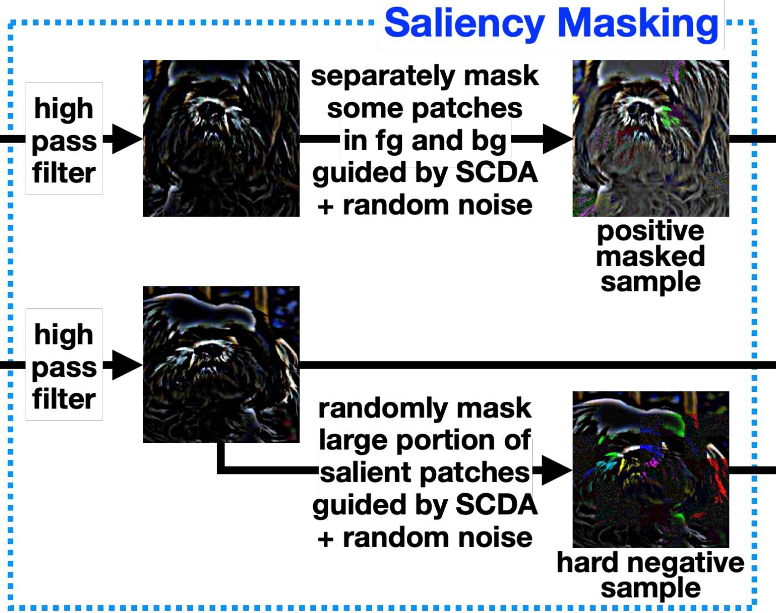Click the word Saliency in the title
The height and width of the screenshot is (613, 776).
pyautogui.click(x=464, y=24)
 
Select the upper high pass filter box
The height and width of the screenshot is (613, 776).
pyautogui.click(x=64, y=139)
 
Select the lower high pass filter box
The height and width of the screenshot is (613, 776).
pyautogui.click(x=64, y=365)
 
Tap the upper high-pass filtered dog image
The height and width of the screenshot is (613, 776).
pyautogui.click(x=221, y=138)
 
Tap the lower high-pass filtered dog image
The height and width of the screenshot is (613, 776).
pyautogui.click(x=221, y=364)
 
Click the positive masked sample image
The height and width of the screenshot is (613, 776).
pyautogui.click(x=651, y=138)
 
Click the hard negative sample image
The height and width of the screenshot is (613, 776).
pyautogui.click(x=651, y=469)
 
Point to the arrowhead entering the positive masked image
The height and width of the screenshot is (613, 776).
pyautogui.click(x=557, y=139)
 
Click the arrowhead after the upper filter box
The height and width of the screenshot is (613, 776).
pyautogui.click(x=126, y=139)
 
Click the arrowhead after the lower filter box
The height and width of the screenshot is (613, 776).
pyautogui.click(x=126, y=365)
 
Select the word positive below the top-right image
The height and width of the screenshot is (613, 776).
pyautogui.click(x=650, y=231)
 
